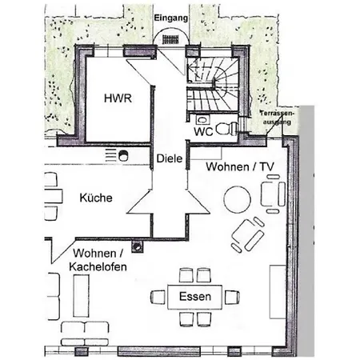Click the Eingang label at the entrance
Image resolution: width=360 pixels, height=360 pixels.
171,18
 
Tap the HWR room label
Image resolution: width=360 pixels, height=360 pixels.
118,98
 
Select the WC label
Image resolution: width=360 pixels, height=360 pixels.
203,131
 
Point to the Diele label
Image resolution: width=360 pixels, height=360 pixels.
170,158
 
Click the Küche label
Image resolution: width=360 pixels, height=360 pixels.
96,198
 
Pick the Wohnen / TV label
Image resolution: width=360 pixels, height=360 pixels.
240,166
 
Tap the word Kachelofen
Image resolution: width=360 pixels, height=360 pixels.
98,266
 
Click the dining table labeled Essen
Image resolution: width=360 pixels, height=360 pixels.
195,297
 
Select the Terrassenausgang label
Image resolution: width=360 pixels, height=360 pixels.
277,118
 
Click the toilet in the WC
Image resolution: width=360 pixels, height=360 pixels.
227,128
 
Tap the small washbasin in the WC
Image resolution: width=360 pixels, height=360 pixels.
202,119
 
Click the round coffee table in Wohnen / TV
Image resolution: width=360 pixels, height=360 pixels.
237,199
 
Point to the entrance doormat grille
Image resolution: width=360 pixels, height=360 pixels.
171,39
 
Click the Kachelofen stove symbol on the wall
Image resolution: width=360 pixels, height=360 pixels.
138,246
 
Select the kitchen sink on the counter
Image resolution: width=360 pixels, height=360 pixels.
123,155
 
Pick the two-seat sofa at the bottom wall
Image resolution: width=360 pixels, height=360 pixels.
85,334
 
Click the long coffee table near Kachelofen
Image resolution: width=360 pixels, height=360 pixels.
81,296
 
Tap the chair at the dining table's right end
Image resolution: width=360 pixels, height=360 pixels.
232,297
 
